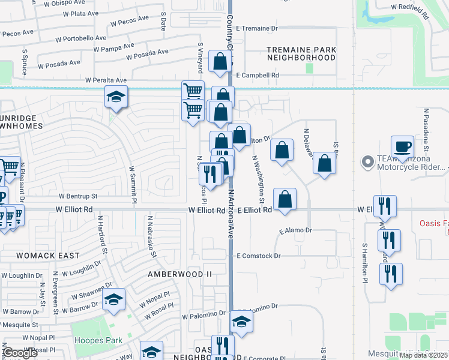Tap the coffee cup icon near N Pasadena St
[403, 146]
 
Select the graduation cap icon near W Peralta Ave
[116, 97]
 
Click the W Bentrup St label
[78, 196]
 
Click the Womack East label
[47, 256]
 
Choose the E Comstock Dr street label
[258, 256]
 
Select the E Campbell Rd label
[258, 76]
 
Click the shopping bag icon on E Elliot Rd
[285, 199]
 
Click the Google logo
[20, 353]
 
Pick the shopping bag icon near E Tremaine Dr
[220, 61]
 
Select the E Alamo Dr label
[295, 230]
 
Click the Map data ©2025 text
[424, 355]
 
